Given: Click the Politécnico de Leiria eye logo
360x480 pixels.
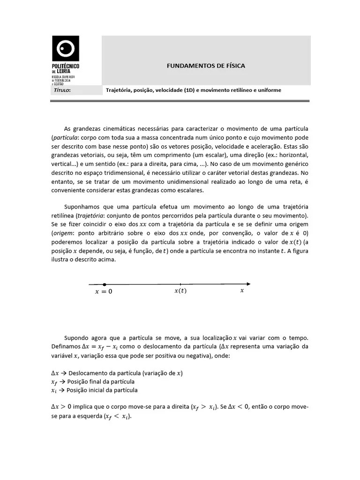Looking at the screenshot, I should (65, 48).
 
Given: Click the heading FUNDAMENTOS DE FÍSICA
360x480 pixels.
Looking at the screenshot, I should (206, 66).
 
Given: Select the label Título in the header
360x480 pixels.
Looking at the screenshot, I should (62, 90).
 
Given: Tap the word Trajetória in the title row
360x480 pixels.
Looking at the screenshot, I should (119, 90).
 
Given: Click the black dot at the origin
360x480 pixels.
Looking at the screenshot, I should (104, 284).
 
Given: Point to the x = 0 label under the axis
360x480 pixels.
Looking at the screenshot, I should (104, 292).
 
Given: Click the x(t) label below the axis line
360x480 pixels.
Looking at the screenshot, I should (180, 291).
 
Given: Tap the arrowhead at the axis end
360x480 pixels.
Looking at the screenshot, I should (248, 284).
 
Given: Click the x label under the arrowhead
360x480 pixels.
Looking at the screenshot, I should (242, 291).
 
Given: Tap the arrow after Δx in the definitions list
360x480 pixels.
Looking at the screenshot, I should (63, 374).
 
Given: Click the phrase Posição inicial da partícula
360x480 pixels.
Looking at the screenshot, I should (102, 390).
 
